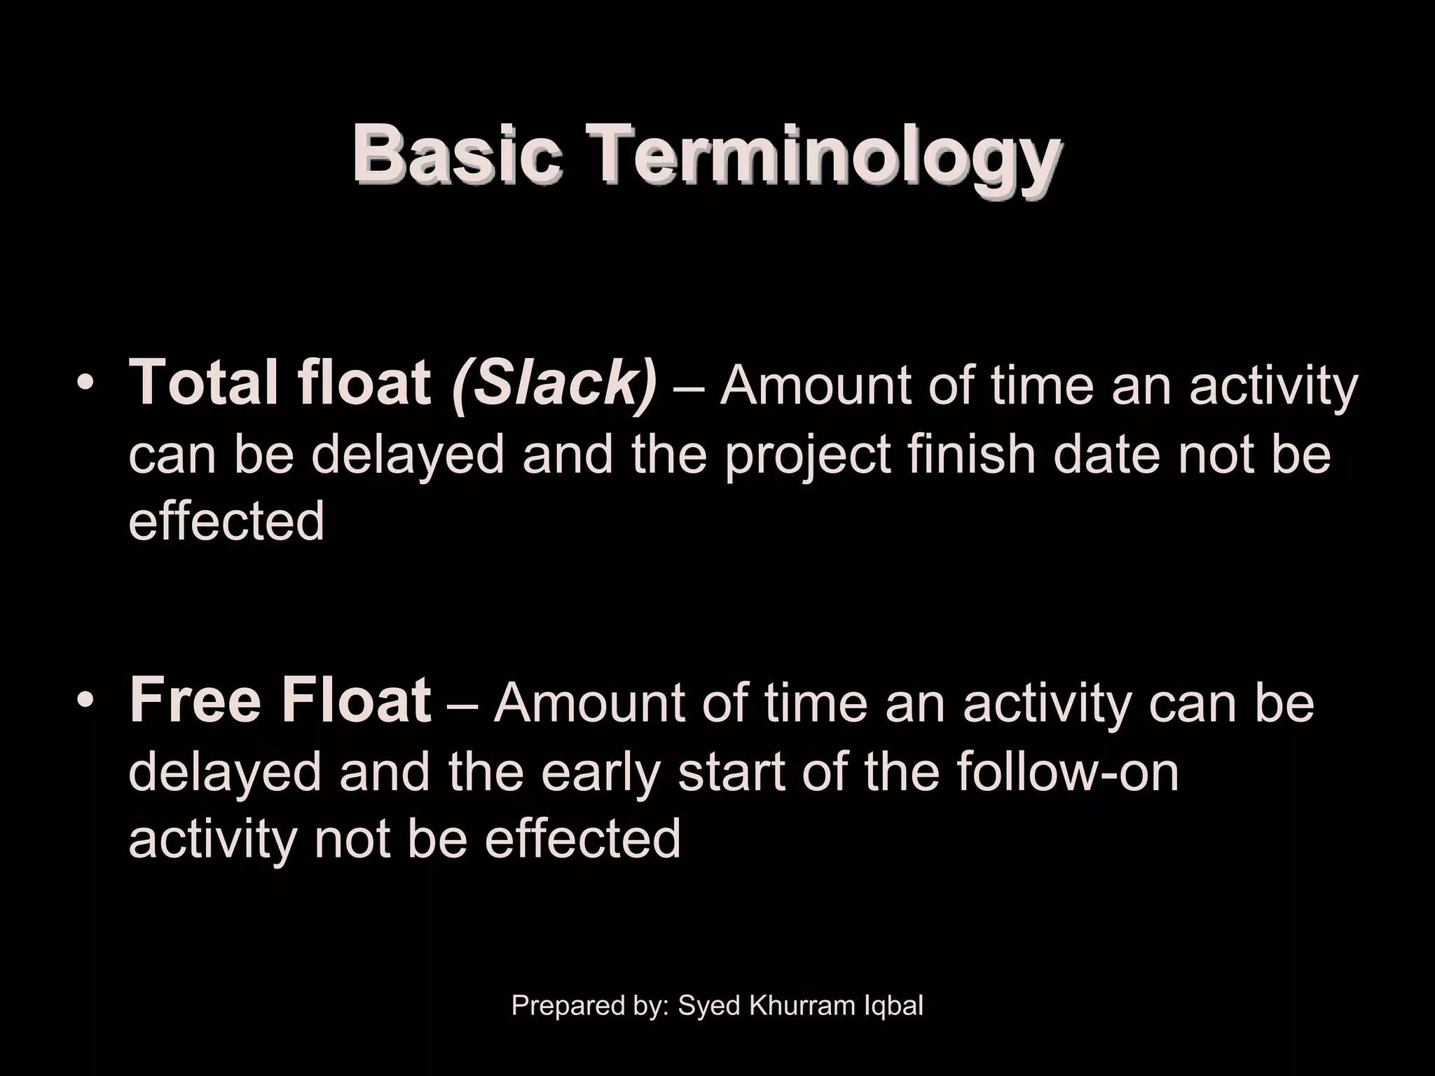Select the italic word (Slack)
click(x=554, y=383)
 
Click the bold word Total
click(x=203, y=383)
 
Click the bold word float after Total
click(x=364, y=383)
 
